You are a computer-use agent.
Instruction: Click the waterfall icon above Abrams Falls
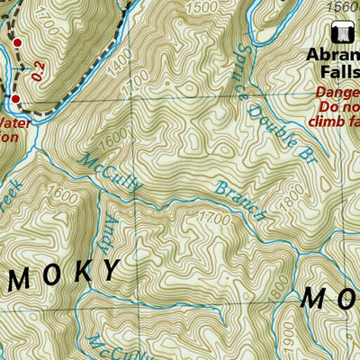341,33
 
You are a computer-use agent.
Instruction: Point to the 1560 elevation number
343,6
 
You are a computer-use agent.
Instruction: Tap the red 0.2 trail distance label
37,69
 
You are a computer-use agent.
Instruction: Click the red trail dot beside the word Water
15,99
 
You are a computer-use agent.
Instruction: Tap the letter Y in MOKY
112,270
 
